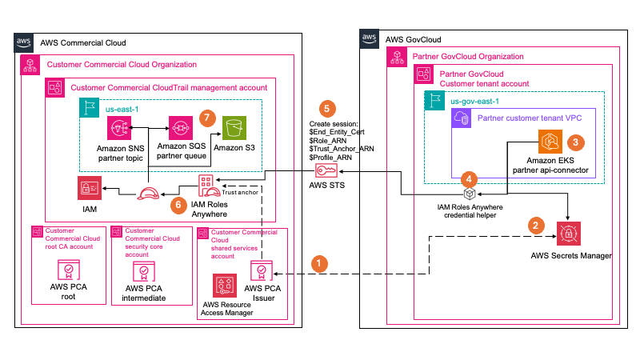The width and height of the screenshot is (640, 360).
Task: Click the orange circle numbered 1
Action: (x=321, y=262)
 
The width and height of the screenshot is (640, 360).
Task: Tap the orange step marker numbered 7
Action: (x=209, y=118)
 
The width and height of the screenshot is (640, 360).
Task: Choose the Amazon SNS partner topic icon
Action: (x=118, y=128)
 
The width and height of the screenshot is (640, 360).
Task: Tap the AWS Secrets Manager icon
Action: (x=569, y=233)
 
